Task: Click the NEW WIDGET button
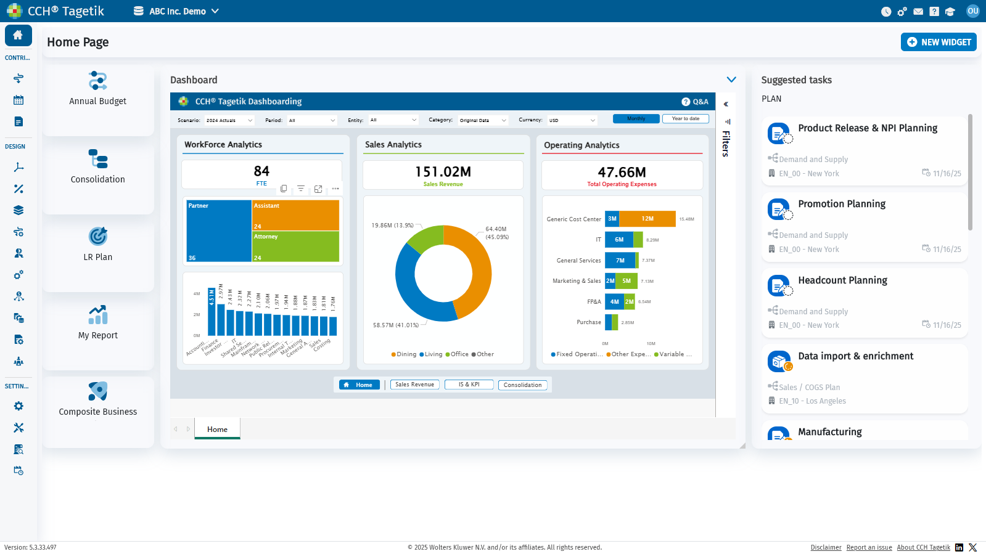939,42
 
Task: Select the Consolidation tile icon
98,159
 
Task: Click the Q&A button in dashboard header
695,102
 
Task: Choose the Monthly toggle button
636,119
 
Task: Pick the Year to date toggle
685,119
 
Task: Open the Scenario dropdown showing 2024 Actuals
229,121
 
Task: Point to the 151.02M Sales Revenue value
443,172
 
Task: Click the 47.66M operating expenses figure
622,173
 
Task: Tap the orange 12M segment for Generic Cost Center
647,219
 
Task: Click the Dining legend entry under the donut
404,354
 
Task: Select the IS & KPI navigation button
469,385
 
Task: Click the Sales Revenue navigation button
414,385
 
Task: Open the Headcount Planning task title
842,280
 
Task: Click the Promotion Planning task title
842,204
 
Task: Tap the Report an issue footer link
869,547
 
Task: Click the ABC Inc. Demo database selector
177,11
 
